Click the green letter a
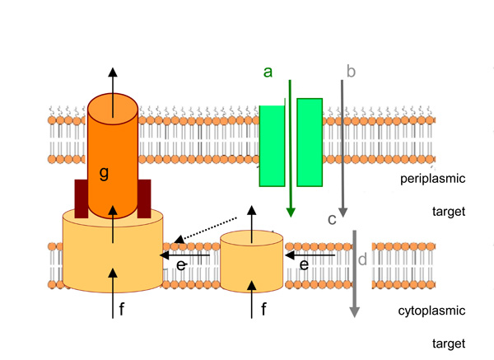[x=268, y=72]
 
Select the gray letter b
[x=351, y=72]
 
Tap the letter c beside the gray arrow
[x=332, y=219]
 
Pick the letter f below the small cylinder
[x=263, y=310]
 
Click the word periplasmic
[x=434, y=179]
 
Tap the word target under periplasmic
[x=449, y=212]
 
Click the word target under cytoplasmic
[x=449, y=343]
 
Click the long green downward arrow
[x=290, y=148]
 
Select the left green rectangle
[x=272, y=144]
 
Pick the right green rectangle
[x=310, y=142]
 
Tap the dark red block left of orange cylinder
[x=81, y=198]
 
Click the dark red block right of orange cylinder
[x=144, y=198]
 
